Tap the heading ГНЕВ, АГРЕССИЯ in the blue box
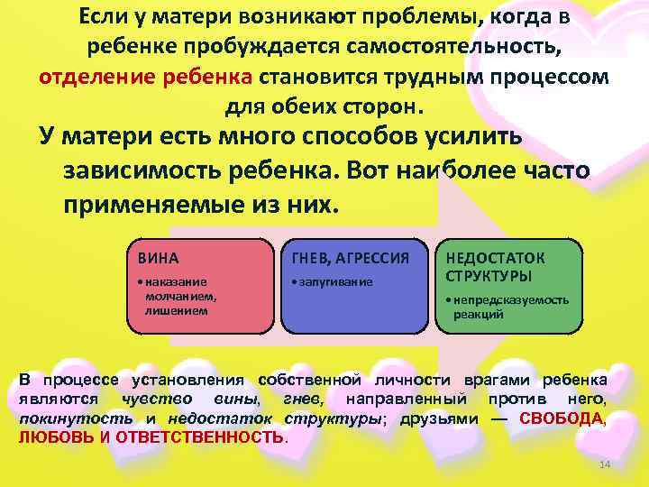tap(346, 258)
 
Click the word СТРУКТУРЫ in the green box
tap(489, 275)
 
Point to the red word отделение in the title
tap(96, 75)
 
